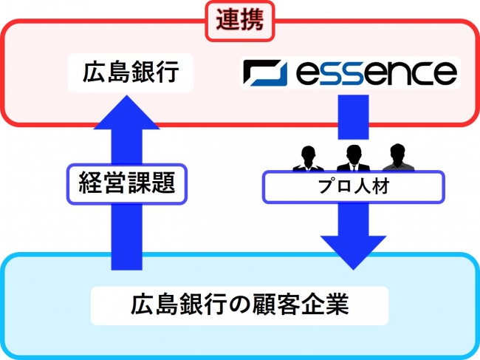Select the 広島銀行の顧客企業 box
239,303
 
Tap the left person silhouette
307,160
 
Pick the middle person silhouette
352,158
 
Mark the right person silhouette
398,158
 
